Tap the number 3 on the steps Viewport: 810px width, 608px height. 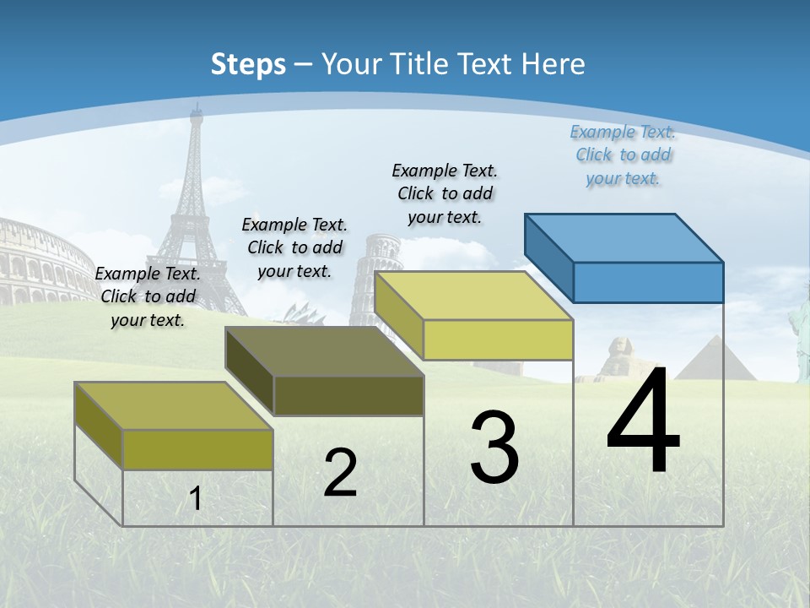494,448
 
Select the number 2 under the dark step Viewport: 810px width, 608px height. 340,473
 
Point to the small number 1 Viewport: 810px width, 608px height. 196,499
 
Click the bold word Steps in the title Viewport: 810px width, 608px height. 248,63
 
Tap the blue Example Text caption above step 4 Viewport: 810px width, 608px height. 623,155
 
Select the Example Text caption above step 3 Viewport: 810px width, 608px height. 445,193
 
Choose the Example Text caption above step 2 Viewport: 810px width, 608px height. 294,247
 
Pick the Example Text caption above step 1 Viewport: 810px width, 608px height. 148,296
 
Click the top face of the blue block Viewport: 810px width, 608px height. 624,237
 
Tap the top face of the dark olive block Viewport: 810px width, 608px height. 324,351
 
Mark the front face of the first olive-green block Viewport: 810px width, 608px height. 197,449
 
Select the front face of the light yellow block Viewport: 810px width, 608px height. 498,339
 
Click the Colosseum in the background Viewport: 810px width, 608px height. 42,262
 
